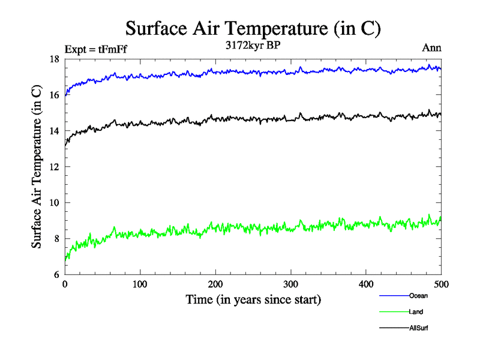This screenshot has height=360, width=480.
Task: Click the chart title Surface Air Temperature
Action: pyautogui.click(x=253, y=28)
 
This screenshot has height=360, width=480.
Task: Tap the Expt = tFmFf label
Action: pyautogui.click(x=96, y=50)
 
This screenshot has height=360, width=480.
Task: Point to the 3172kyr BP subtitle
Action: pyautogui.click(x=253, y=45)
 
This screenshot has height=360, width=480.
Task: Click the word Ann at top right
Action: pyautogui.click(x=432, y=48)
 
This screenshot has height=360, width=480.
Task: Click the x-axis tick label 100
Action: pyautogui.click(x=140, y=285)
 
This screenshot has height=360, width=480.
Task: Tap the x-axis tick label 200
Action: pyautogui.click(x=215, y=285)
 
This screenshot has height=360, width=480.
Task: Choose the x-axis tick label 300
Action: pyautogui.click(x=290, y=285)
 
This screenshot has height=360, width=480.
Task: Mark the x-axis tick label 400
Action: pyautogui.click(x=366, y=285)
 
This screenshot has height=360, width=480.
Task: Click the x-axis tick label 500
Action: pyautogui.click(x=441, y=285)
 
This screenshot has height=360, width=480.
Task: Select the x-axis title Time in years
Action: pyautogui.click(x=253, y=299)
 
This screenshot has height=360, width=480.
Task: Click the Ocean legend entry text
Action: pyautogui.click(x=418, y=296)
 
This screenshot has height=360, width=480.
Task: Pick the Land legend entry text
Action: pyautogui.click(x=416, y=312)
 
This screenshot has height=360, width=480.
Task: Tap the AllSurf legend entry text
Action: pyautogui.click(x=419, y=328)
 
